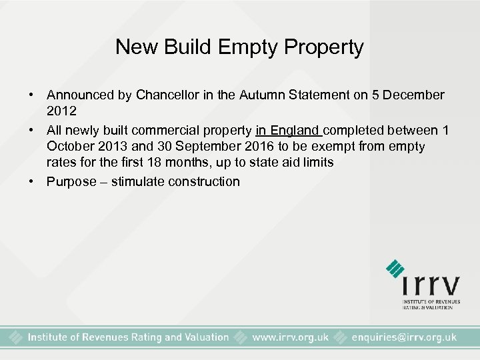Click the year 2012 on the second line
tap(61, 110)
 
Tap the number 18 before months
tap(173, 163)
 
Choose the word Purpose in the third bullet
tap(71, 181)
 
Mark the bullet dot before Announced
tap(32, 95)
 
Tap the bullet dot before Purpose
tap(32, 181)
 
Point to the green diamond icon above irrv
tap(395, 267)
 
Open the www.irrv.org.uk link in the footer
tap(290, 337)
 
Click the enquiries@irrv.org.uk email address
tap(404, 337)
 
